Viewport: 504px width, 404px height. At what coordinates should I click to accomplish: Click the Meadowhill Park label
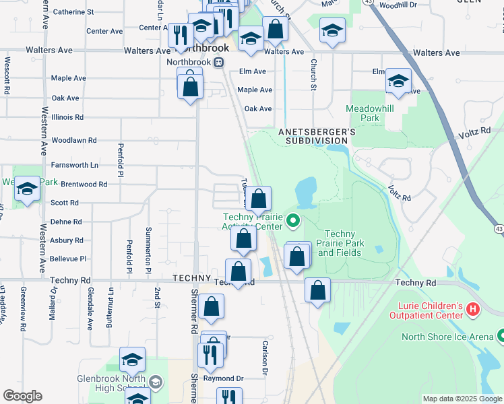pyautogui.click(x=363, y=113)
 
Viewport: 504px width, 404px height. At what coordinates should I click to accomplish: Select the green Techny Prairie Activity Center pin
pyautogui.click(x=292, y=220)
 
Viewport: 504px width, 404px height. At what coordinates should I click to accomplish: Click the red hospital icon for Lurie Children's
pyautogui.click(x=473, y=310)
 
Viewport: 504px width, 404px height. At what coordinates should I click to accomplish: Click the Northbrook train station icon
pyautogui.click(x=218, y=62)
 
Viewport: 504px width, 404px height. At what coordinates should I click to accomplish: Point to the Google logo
pyautogui.click(x=22, y=395)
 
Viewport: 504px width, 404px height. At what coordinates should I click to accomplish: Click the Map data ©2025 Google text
pyautogui.click(x=462, y=399)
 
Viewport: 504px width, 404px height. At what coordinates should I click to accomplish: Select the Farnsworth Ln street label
pyautogui.click(x=75, y=164)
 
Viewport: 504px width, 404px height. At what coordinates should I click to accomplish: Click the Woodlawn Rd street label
pyautogui.click(x=75, y=141)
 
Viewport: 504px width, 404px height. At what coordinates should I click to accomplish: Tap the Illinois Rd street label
pyautogui.click(x=67, y=117)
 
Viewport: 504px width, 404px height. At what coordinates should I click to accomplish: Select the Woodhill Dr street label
pyautogui.click(x=399, y=5)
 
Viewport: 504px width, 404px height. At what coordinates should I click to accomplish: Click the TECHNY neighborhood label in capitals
pyautogui.click(x=192, y=278)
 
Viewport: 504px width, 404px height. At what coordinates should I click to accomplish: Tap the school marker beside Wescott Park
pyautogui.click(x=28, y=190)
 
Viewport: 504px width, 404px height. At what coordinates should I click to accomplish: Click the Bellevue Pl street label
pyautogui.click(x=68, y=259)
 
